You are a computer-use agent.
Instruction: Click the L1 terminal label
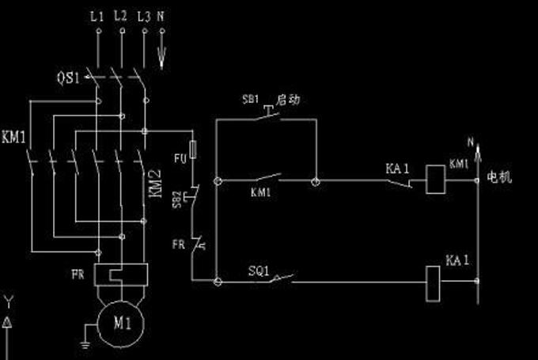(x=97, y=15)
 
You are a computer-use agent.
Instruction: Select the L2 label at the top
(x=120, y=15)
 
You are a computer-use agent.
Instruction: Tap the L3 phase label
(x=143, y=15)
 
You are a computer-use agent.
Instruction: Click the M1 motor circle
(x=121, y=323)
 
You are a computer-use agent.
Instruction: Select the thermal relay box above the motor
(x=121, y=275)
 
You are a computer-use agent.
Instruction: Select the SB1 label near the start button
(x=250, y=101)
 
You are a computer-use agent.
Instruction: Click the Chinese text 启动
(x=287, y=100)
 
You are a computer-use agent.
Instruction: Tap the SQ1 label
(x=260, y=270)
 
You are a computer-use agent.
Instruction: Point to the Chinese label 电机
(x=499, y=177)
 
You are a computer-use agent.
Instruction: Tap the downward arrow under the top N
(x=163, y=53)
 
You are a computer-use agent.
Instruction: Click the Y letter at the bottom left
(x=8, y=301)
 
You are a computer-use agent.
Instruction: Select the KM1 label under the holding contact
(x=261, y=192)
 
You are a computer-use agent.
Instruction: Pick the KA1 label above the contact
(x=396, y=169)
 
